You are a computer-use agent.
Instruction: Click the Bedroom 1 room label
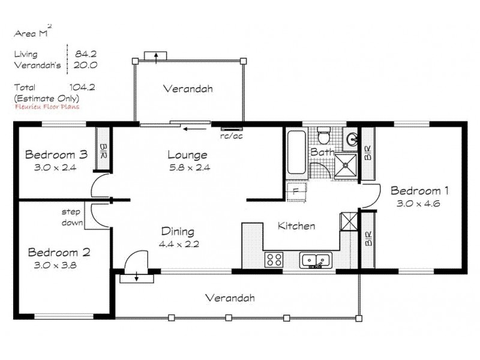[420, 191]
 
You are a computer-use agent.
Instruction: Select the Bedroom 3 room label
[56, 155]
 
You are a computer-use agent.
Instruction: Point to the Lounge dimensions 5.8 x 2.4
[188, 167]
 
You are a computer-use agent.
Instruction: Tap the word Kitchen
[296, 226]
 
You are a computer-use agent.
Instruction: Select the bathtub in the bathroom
[296, 154]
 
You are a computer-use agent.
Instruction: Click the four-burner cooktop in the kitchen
[274, 260]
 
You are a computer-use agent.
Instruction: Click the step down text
[71, 216]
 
